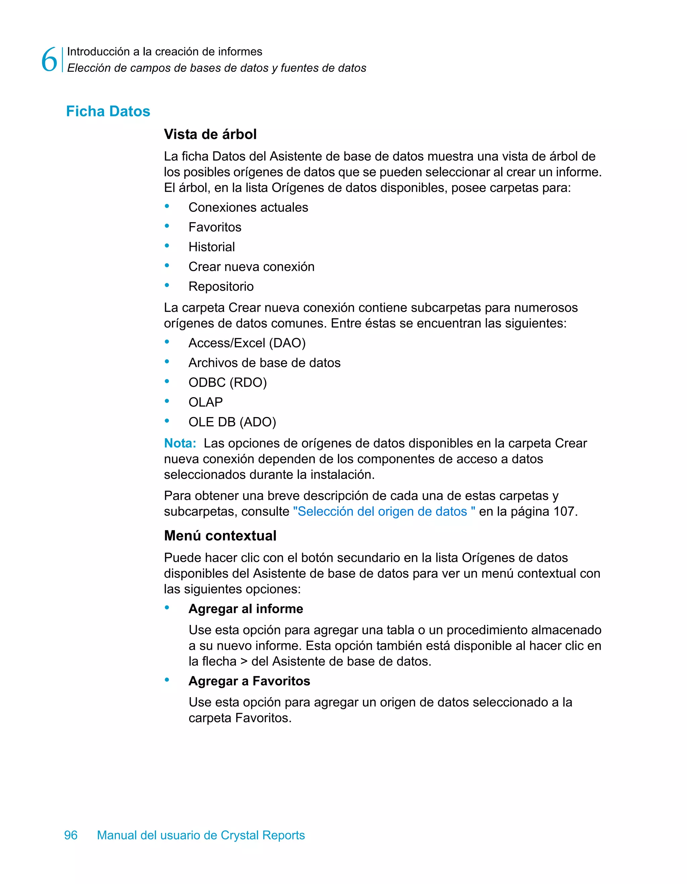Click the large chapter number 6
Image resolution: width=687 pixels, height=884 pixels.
(49, 59)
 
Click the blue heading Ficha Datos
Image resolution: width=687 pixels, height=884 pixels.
(108, 111)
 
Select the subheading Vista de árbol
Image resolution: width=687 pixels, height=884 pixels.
(210, 134)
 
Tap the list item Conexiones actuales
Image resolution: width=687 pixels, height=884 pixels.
(248, 207)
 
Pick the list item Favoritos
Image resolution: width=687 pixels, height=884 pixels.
(214, 227)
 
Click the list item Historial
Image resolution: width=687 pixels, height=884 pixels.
(211, 247)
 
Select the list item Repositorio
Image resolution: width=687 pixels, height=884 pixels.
(221, 287)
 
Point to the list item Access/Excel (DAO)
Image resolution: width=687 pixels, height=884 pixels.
(247, 343)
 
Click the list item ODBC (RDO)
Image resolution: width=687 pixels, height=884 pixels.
(227, 383)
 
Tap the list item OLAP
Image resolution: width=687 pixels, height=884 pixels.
(206, 402)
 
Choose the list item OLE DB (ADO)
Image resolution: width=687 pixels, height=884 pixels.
(232, 422)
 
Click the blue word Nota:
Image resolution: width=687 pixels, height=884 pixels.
(180, 443)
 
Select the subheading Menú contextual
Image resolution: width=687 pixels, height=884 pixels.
(220, 536)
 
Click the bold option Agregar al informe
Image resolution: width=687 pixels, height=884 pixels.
(246, 609)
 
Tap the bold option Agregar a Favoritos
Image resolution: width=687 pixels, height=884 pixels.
(249, 681)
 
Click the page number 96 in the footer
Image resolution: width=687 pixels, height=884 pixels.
(71, 835)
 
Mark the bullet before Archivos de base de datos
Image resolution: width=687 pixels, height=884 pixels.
(167, 362)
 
